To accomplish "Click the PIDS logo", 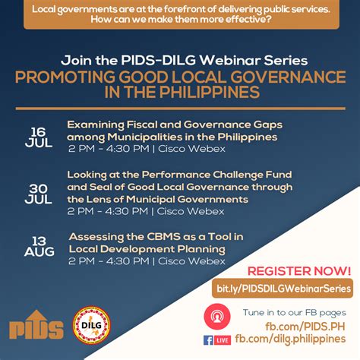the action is click(x=36, y=324).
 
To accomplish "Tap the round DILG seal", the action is click(x=91, y=325).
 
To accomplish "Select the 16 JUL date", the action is click(x=39, y=137).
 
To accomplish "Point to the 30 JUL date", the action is click(x=39, y=194).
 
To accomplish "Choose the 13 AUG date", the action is click(x=39, y=246).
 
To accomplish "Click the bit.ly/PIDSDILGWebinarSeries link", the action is click(x=283, y=289).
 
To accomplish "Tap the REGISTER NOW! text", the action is click(x=299, y=271).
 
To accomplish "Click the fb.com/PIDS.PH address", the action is click(x=305, y=327).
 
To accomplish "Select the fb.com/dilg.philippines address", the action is click(x=290, y=339).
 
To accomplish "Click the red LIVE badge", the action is click(x=223, y=340).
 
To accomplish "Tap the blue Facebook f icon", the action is click(x=208, y=340).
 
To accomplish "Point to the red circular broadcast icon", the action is click(x=217, y=317).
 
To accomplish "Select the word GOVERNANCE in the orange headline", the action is click(x=288, y=77).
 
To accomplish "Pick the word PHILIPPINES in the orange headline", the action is click(x=210, y=92).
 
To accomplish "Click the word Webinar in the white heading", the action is click(x=229, y=60).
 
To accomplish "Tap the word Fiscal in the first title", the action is click(x=141, y=125).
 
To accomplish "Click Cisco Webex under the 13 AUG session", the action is click(x=191, y=261).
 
